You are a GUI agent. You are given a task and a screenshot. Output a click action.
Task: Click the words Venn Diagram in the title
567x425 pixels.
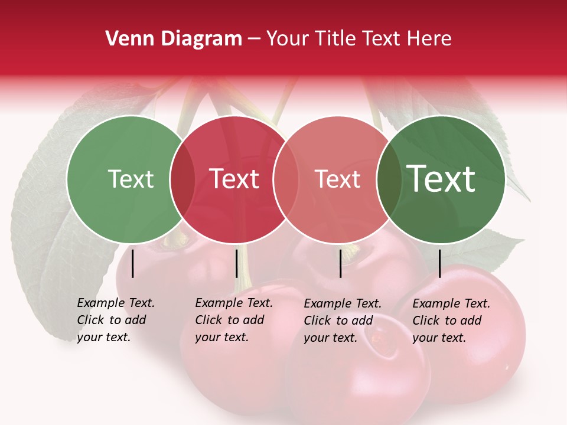(174, 39)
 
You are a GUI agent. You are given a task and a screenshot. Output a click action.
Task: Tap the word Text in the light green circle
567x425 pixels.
(131, 179)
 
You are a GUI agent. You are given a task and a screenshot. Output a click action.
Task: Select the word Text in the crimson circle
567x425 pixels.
(234, 179)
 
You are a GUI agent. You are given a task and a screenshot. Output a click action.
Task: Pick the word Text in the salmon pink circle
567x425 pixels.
(337, 179)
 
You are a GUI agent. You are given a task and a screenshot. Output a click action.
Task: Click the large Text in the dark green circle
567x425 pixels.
(441, 179)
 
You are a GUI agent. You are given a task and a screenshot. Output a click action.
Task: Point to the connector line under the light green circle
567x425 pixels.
(133, 263)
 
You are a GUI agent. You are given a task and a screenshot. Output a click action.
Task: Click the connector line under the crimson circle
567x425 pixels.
(236, 263)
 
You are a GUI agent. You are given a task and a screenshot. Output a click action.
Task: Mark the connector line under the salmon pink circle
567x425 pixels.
(341, 263)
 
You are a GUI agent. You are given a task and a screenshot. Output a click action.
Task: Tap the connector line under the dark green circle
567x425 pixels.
(440, 263)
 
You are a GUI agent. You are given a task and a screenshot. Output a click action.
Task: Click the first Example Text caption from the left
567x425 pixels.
(116, 320)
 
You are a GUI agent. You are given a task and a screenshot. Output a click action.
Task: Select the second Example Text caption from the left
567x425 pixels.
(234, 320)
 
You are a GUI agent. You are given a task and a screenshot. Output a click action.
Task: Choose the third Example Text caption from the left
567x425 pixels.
(343, 320)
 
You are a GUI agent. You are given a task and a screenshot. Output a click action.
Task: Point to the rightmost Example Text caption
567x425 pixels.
(451, 320)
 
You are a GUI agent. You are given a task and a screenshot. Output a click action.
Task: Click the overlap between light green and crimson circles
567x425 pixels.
(183, 179)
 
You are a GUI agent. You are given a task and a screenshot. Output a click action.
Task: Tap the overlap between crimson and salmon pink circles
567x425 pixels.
(286, 179)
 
